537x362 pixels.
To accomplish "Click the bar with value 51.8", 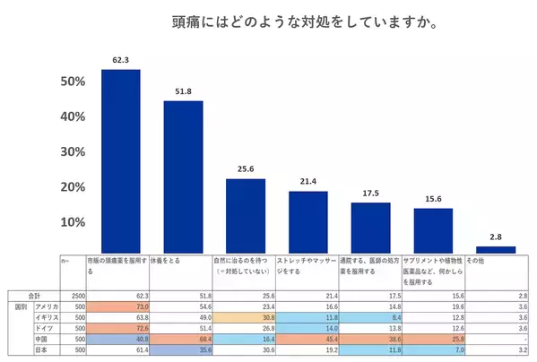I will tap(183, 176).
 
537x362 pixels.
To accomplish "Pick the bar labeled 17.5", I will tap(370, 228).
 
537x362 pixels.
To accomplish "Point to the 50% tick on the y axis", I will tap(73, 82).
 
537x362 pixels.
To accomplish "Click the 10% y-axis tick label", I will tap(73, 222).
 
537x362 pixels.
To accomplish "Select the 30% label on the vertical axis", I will tap(73, 152).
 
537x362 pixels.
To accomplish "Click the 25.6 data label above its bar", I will tap(245, 169).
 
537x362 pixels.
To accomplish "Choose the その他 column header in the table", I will tap(478, 261).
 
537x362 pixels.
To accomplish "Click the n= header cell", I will tap(65, 261).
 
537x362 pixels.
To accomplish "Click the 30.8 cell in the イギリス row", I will tap(243, 317).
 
